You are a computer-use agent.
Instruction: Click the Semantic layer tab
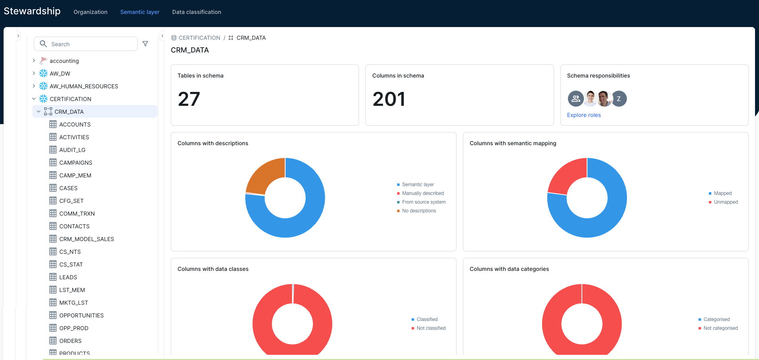(140, 12)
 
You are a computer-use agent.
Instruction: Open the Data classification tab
(197, 12)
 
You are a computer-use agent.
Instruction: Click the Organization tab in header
(90, 12)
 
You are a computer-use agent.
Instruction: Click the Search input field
(92, 44)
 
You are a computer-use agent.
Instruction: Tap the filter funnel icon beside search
(145, 44)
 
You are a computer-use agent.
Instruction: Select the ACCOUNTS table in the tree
(75, 125)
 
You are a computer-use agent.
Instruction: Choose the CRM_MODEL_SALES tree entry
(86, 239)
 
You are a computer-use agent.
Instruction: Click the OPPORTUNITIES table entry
(81, 315)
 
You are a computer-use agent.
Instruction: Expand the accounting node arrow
(34, 61)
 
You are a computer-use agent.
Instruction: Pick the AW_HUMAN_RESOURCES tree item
(84, 86)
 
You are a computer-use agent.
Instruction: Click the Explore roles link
(583, 115)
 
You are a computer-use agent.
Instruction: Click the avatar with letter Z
(619, 99)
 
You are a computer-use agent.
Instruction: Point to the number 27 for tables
(189, 99)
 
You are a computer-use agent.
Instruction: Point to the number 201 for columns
(389, 99)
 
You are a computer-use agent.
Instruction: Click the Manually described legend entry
(423, 193)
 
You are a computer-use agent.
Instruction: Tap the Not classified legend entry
(431, 328)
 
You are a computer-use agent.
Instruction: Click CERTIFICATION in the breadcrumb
(199, 38)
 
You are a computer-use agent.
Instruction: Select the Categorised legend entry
(716, 319)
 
